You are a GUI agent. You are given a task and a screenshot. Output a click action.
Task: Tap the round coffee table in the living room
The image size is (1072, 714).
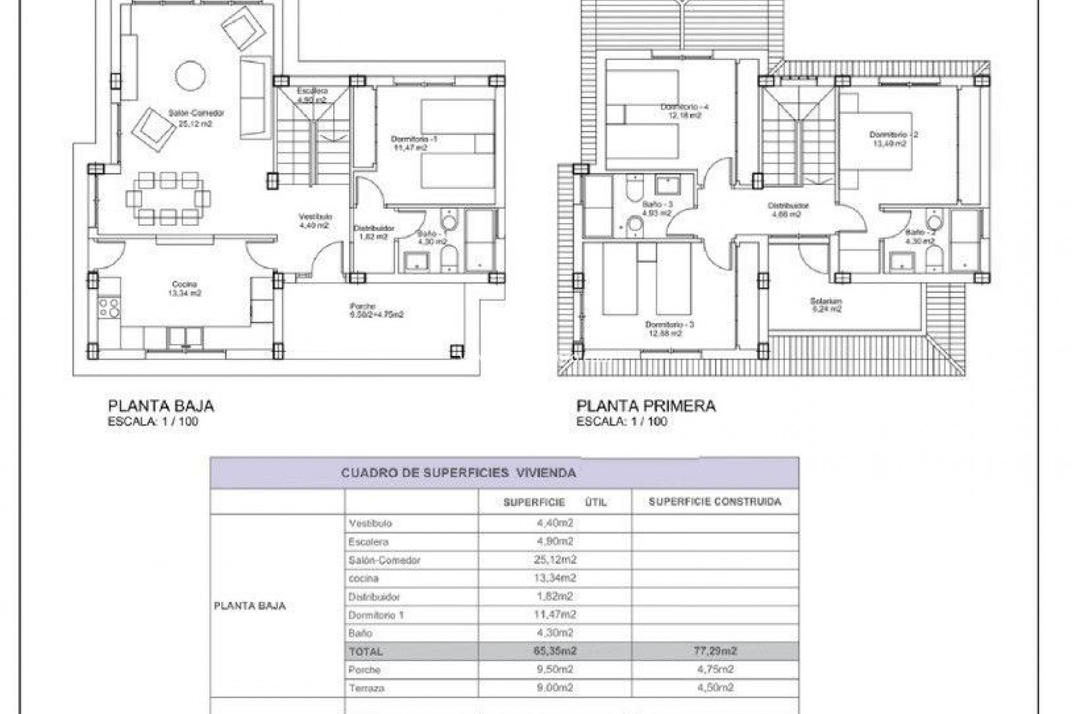tap(190, 75)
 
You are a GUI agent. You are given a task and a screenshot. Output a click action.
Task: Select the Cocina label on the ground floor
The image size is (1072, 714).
tap(184, 284)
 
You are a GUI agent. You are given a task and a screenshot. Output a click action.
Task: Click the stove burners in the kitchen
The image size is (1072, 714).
tap(109, 308)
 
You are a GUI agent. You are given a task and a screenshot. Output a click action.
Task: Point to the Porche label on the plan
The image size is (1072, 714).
tap(362, 306)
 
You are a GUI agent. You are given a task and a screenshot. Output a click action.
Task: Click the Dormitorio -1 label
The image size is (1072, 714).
tap(414, 139)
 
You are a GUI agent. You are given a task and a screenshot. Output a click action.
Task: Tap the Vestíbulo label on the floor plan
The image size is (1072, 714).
tap(315, 216)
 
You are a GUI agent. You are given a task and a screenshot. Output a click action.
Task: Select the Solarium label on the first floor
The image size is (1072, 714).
tap(826, 301)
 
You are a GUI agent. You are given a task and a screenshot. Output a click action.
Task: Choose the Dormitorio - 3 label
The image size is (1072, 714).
tap(669, 325)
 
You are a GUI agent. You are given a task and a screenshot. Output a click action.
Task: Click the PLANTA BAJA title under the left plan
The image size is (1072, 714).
tap(161, 406)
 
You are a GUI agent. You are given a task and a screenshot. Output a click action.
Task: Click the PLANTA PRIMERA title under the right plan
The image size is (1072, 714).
tap(645, 406)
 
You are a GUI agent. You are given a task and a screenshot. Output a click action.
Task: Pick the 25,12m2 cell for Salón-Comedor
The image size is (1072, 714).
tap(554, 559)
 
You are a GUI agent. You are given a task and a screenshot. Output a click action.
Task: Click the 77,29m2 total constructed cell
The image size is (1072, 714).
tap(715, 651)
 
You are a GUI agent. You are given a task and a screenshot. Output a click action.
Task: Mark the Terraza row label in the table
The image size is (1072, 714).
tap(366, 688)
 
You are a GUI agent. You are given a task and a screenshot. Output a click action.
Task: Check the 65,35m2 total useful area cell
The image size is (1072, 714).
tap(554, 651)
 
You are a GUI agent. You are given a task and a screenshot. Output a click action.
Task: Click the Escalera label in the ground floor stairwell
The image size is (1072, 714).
tap(312, 91)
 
